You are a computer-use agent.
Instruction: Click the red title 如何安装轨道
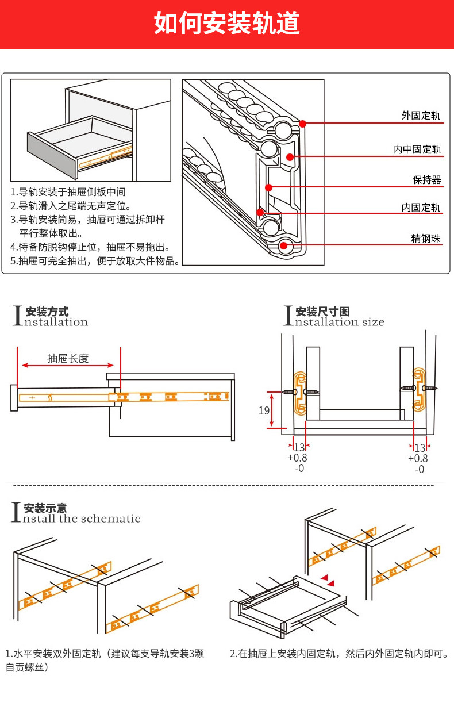226,24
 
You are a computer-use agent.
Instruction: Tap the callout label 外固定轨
421,116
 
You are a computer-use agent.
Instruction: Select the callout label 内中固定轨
417,149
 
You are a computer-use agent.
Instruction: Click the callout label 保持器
427,180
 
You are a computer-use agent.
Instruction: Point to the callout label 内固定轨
421,208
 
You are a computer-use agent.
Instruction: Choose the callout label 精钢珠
426,238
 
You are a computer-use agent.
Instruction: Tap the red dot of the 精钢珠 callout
283,246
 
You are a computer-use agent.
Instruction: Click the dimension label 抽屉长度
68,358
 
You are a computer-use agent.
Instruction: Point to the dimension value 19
264,410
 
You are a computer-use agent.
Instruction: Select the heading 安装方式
47,312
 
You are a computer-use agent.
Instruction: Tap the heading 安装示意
45,508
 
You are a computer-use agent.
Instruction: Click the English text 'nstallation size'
340,323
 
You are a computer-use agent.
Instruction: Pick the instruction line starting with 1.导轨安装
68,191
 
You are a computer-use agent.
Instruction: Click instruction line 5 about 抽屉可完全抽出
95,261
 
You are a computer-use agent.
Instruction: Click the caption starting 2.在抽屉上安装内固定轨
338,654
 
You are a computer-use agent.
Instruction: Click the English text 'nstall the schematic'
82,519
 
